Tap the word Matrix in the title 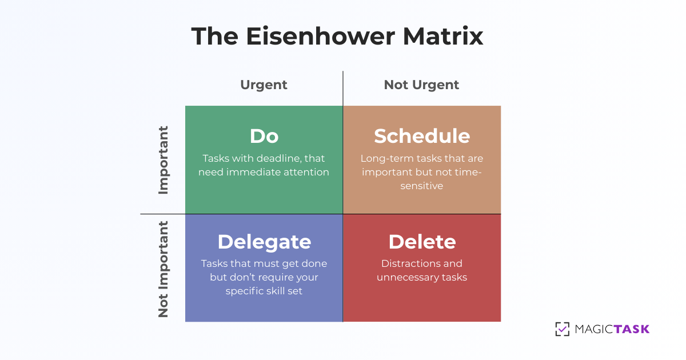[x=443, y=36]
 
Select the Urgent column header [x=264, y=85]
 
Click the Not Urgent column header [x=421, y=85]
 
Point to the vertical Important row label [x=163, y=160]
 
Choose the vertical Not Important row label [x=163, y=269]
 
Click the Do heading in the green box [x=264, y=136]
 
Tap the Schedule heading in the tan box [x=422, y=136]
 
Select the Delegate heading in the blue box [x=264, y=242]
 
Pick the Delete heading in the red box [x=422, y=242]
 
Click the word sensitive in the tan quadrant [x=421, y=186]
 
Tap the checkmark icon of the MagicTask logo [x=562, y=329]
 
